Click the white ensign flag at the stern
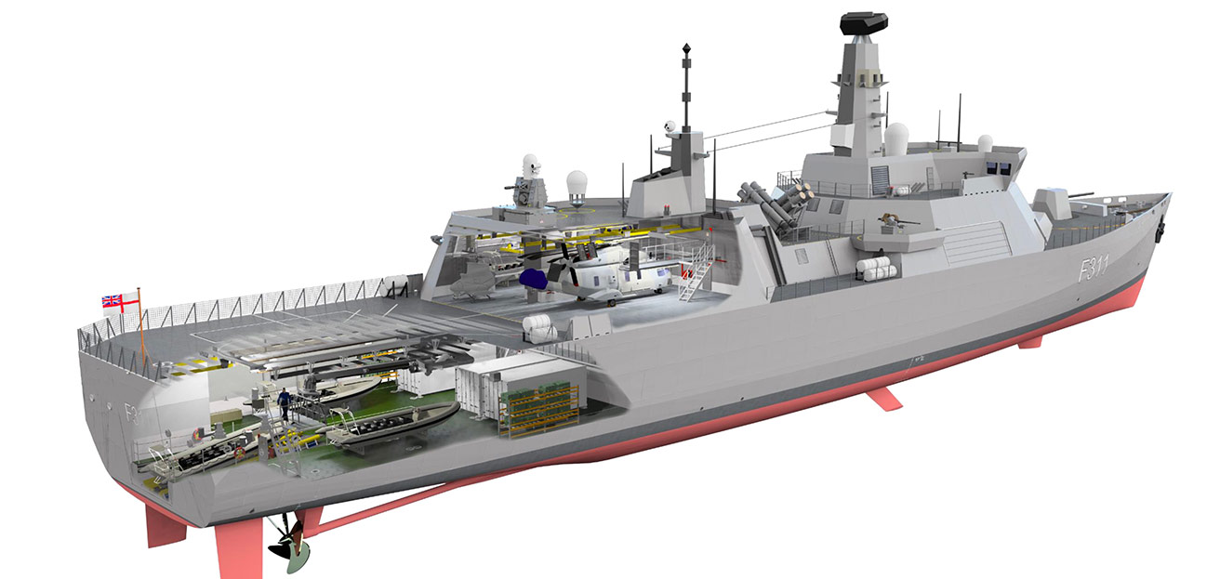[112, 300]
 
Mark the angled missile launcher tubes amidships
[771, 203]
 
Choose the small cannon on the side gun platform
[894, 222]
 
